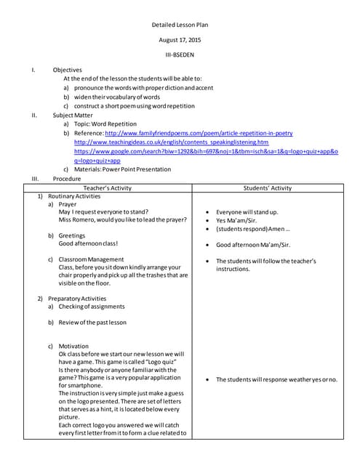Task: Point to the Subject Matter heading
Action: pyautogui.click(x=73, y=115)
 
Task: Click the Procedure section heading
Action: pyautogui.click(x=67, y=178)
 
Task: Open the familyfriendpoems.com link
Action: pyautogui.click(x=199, y=134)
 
